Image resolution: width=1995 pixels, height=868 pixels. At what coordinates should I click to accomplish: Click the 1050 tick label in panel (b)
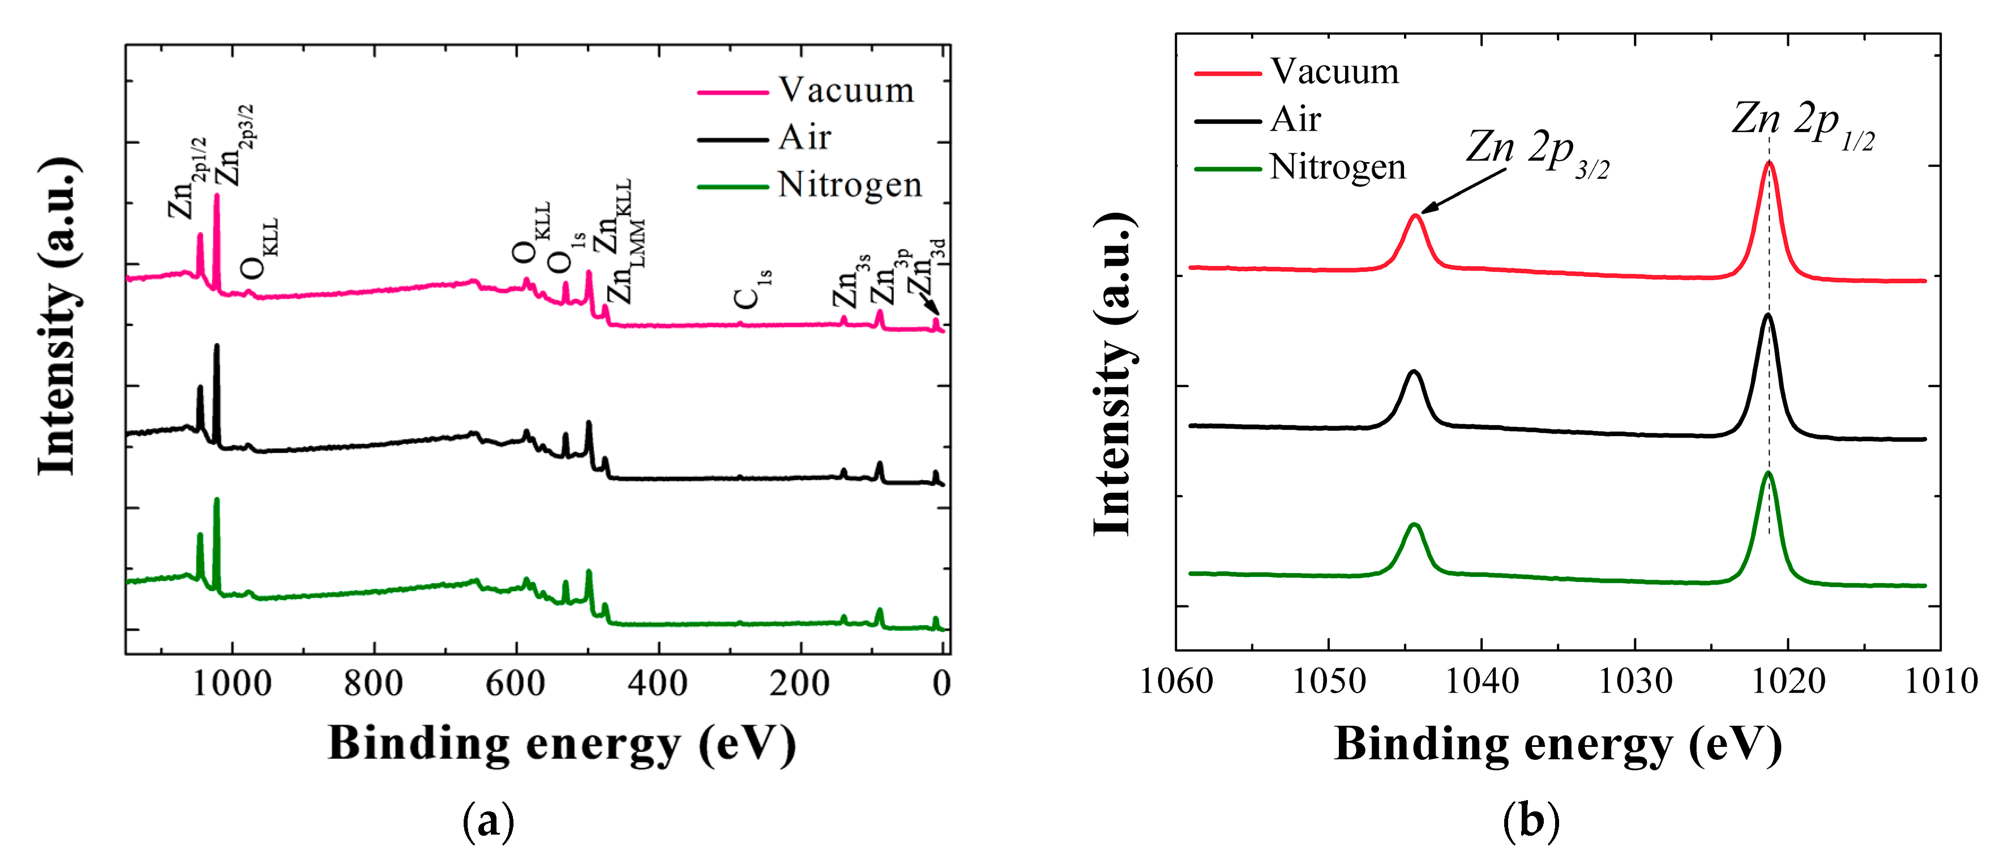(1329, 681)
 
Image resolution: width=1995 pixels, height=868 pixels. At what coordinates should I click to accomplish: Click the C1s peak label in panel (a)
(751, 289)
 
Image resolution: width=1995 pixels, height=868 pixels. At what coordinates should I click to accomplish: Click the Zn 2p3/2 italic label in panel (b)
(1538, 152)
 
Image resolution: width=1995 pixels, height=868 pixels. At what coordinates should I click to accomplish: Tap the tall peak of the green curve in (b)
(1768, 473)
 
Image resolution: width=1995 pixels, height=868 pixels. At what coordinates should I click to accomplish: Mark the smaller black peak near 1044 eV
(1414, 373)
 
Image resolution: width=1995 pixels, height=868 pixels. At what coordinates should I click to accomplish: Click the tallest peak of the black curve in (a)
(217, 346)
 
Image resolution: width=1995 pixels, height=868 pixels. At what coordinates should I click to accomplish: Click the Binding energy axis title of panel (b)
(1557, 745)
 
